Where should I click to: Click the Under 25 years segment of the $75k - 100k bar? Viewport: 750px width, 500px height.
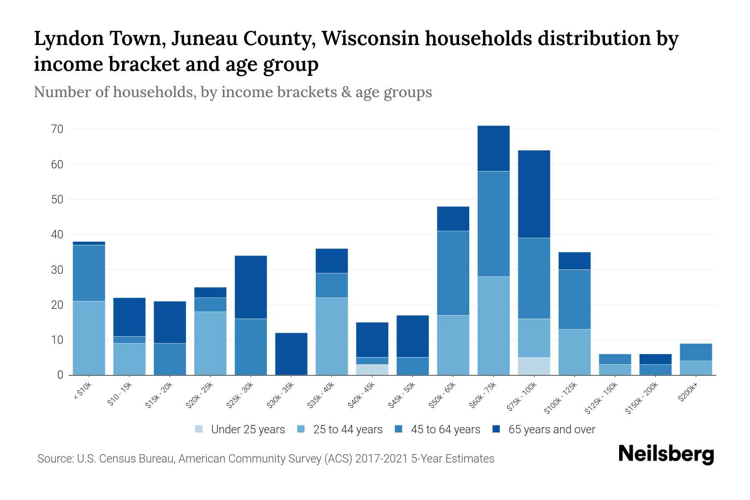[x=534, y=366]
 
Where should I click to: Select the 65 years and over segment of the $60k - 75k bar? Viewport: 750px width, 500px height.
[x=494, y=148]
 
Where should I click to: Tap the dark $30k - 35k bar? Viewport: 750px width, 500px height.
[x=291, y=354]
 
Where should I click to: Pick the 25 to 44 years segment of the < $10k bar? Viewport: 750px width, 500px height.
[x=89, y=338]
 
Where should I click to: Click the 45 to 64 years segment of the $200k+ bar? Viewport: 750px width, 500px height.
[x=696, y=352]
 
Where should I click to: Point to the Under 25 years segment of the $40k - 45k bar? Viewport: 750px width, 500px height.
[x=372, y=370]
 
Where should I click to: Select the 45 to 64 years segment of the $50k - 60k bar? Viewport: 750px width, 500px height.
[x=453, y=273]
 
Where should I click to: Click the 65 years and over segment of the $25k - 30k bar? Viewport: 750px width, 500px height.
[x=251, y=287]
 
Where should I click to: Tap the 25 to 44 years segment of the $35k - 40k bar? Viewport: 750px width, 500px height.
[x=332, y=336]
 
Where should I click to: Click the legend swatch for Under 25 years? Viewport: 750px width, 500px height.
[x=199, y=429]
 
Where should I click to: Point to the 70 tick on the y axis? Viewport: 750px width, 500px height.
[x=57, y=130]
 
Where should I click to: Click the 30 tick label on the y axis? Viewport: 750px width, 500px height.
[x=57, y=270]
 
